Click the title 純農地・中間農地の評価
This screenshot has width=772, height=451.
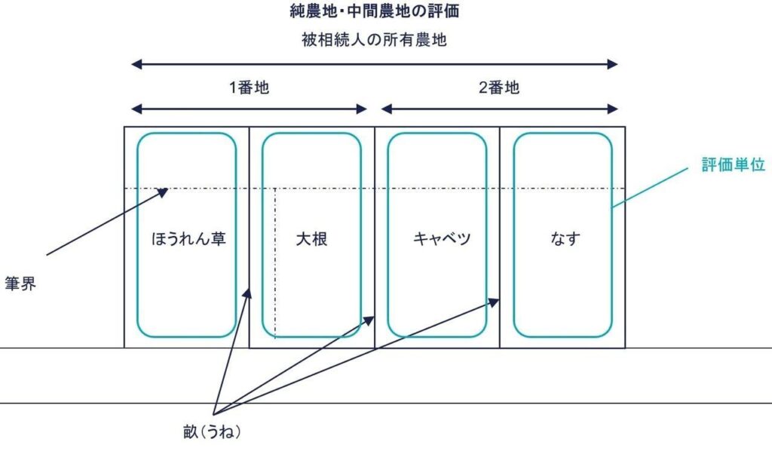coord(375,11)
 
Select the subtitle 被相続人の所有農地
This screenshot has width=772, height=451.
coord(374,40)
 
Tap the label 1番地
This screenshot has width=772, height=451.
coord(249,87)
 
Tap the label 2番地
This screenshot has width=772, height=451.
coord(499,87)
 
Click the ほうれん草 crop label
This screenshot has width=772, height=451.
coord(187,239)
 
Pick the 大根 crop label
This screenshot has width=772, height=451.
coord(311,239)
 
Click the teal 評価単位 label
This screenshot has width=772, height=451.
coord(733,166)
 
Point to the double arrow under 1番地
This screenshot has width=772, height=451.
coord(249,109)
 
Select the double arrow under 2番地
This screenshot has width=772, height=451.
coord(499,109)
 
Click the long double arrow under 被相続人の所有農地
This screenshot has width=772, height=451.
coord(374,65)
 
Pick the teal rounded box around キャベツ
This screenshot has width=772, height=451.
coord(388,287)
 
